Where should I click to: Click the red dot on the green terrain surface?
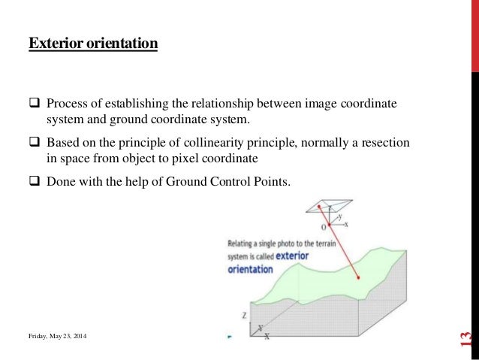point(359,278)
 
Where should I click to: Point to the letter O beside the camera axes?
point(324,226)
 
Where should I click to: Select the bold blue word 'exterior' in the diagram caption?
point(292,256)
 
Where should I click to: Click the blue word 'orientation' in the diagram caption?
point(250,269)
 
